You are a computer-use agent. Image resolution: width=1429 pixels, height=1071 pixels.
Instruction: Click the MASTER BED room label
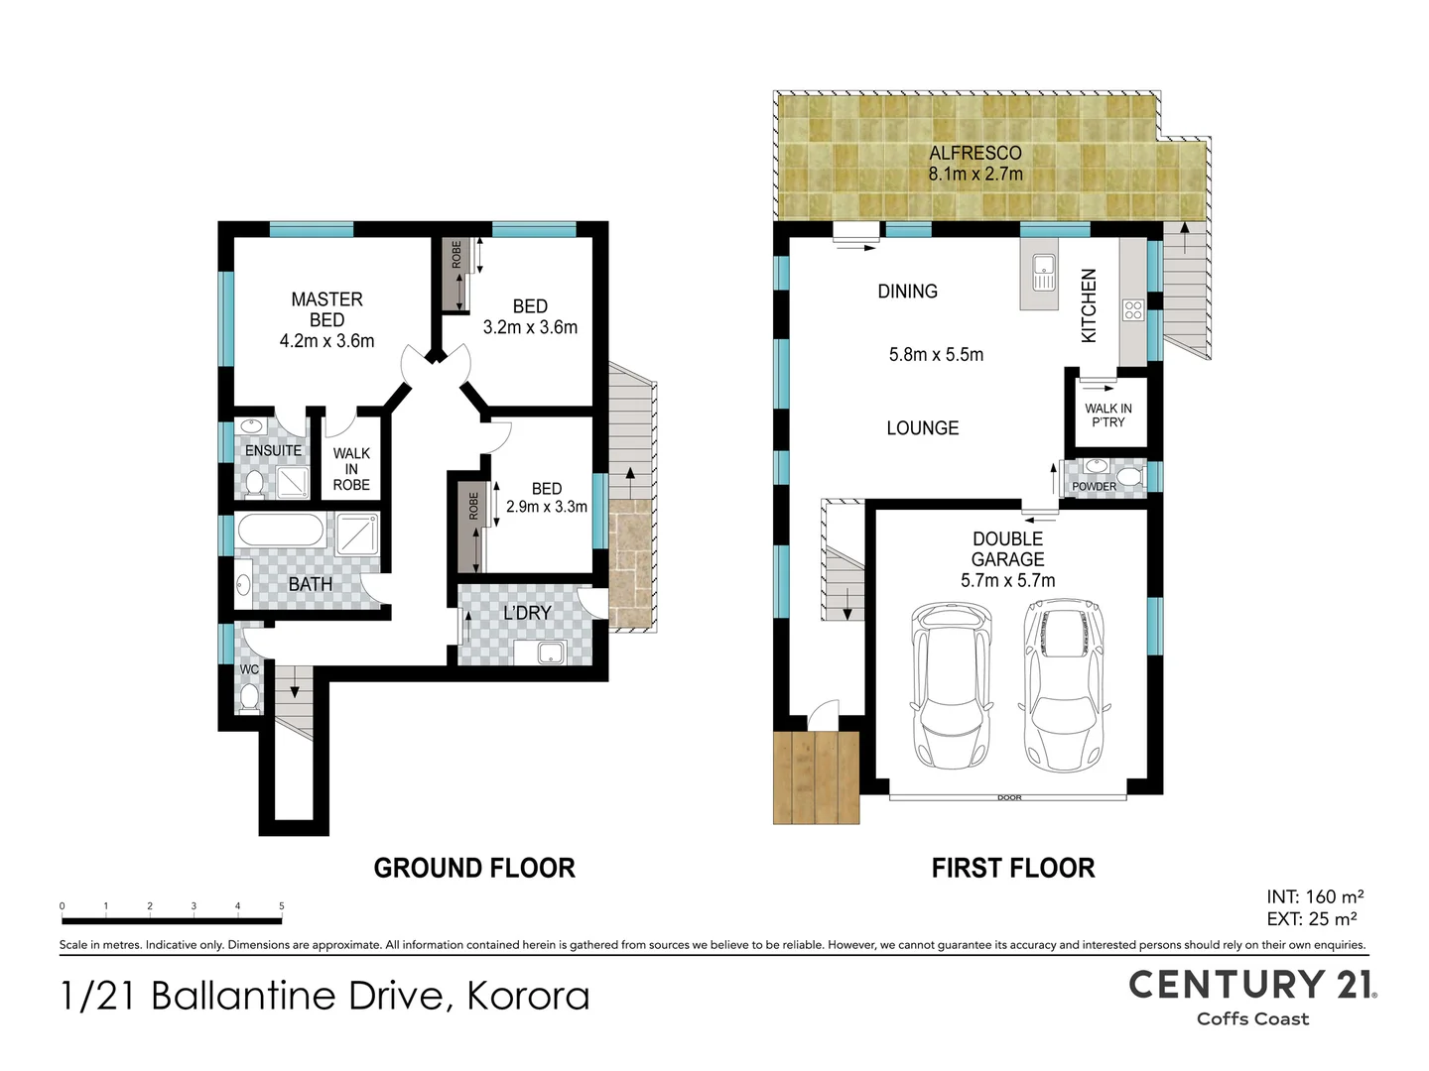click(326, 309)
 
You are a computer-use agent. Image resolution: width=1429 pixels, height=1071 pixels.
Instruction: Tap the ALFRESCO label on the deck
click(975, 154)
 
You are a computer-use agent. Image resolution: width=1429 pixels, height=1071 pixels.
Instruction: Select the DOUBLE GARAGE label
click(1008, 548)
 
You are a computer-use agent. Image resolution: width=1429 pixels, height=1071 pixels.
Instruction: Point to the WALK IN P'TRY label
click(1108, 415)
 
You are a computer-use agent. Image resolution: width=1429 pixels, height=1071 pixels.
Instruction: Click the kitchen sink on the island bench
click(1044, 273)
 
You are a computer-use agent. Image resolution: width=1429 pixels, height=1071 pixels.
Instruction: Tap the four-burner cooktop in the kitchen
click(1133, 310)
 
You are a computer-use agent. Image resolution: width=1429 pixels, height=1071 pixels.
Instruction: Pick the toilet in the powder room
click(1131, 479)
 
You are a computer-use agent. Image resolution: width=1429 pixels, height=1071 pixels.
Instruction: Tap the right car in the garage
click(1064, 683)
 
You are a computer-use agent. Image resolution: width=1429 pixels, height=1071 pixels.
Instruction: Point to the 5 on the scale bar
click(282, 905)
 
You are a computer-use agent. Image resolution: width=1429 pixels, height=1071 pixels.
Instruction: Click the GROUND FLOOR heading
click(474, 868)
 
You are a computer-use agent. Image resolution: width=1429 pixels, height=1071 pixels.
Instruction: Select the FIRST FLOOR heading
click(1013, 868)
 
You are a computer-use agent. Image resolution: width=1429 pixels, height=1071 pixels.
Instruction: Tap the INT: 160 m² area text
click(1315, 896)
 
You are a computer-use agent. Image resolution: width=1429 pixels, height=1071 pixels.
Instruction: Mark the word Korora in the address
click(528, 997)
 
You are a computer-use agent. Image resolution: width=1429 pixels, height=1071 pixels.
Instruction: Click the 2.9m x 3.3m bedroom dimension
click(546, 507)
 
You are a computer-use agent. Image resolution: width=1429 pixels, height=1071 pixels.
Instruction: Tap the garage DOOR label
click(1009, 798)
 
